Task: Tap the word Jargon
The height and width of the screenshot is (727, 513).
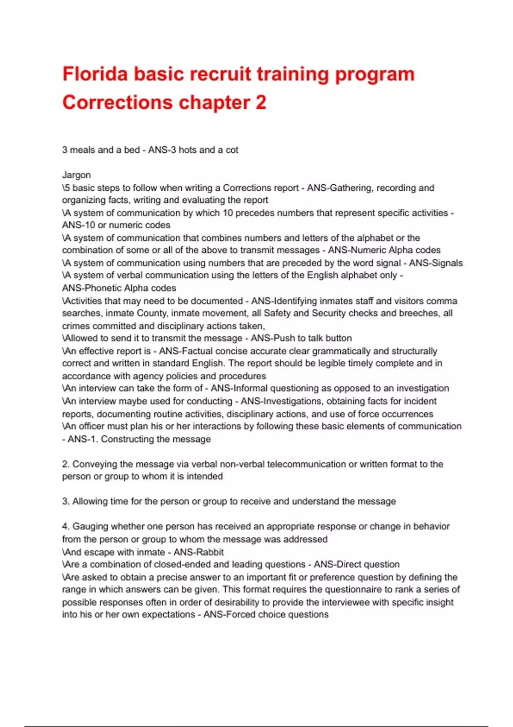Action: click(77, 175)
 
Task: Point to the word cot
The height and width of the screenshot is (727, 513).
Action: click(232, 150)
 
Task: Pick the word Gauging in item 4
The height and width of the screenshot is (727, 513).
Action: click(90, 526)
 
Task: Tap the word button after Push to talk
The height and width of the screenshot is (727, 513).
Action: click(339, 338)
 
